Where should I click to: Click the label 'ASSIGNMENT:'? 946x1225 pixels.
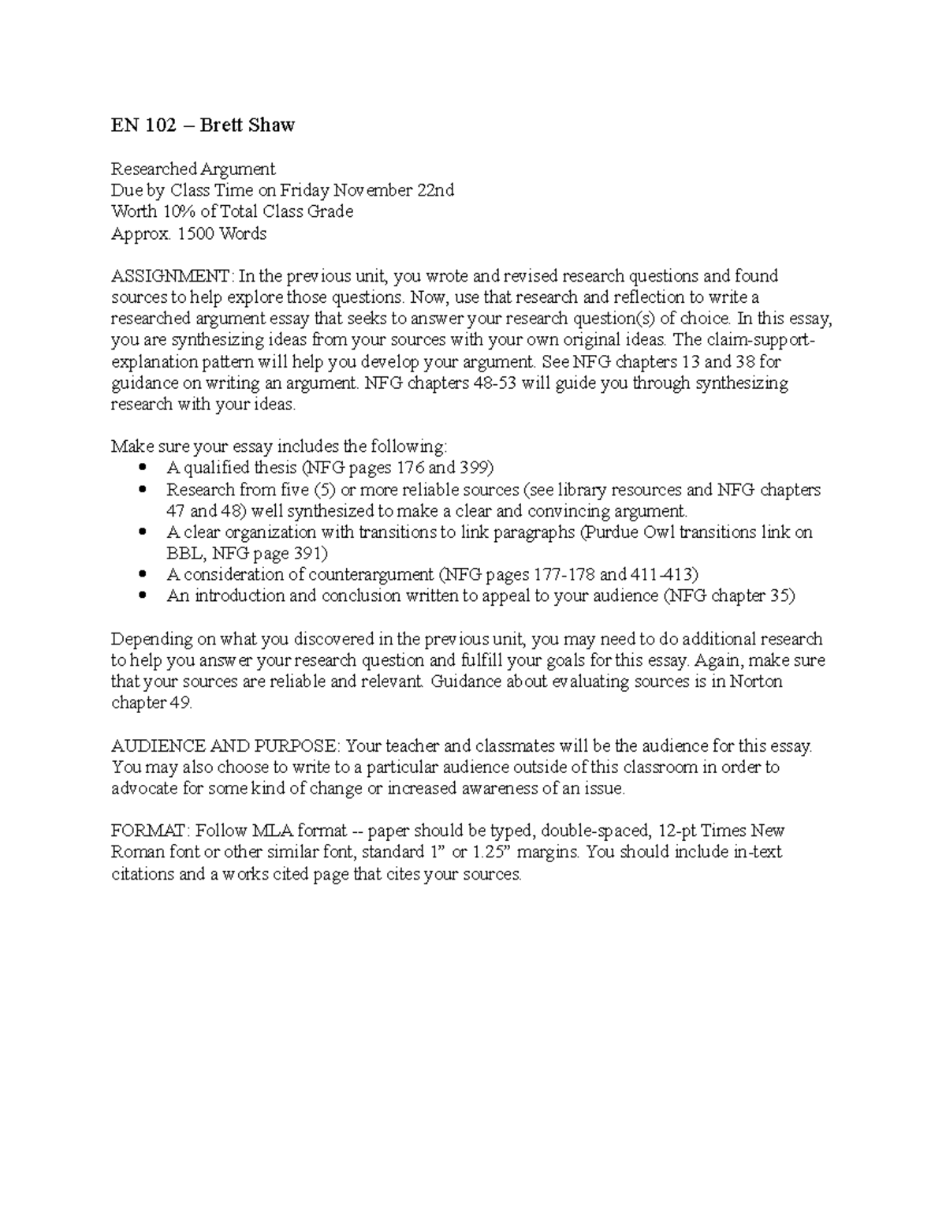172,276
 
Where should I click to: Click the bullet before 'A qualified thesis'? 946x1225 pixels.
143,468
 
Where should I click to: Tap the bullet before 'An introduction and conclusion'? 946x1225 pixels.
143,596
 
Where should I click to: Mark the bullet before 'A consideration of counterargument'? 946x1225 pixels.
143,575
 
